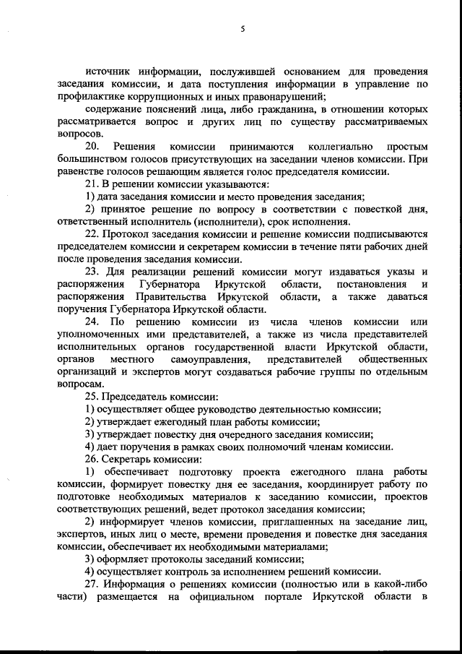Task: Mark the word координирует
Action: coord(336,483)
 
